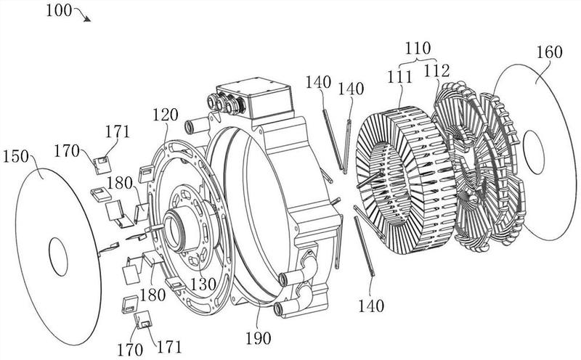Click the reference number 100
click(x=59, y=10)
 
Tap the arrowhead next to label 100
click(x=87, y=19)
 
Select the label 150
click(x=16, y=157)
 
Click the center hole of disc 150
click(x=59, y=257)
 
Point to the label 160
click(x=550, y=52)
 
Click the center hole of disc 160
click(x=534, y=152)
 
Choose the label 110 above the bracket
click(x=418, y=48)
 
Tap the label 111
click(x=399, y=77)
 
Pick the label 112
click(x=436, y=70)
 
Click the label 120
click(x=166, y=115)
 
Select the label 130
click(x=203, y=284)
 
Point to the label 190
click(x=259, y=337)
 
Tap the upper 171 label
click(x=118, y=131)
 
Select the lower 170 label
click(x=130, y=349)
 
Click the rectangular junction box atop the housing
click(x=254, y=97)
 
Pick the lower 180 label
click(x=153, y=295)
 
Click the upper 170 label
click(x=67, y=151)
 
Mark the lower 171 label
click(x=169, y=347)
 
